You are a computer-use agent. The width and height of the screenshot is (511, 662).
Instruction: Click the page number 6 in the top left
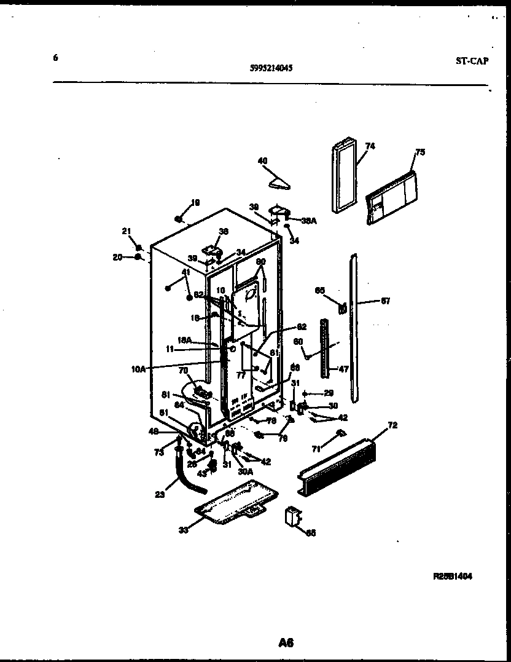point(55,58)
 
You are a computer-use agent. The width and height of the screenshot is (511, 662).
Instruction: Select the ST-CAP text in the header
point(472,60)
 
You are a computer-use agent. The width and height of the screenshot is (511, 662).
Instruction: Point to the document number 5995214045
point(271,69)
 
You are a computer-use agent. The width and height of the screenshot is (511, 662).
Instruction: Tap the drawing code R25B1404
point(453,577)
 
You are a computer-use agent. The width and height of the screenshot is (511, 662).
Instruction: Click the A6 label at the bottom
point(286,643)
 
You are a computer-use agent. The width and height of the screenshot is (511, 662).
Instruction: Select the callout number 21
point(127,231)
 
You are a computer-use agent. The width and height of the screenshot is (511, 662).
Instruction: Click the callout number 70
point(182,371)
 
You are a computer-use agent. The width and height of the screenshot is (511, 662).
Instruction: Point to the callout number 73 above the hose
point(159,452)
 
